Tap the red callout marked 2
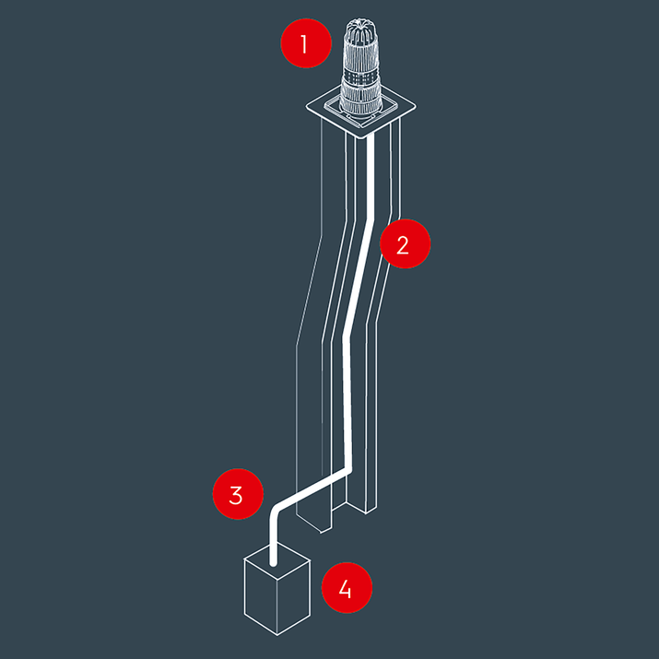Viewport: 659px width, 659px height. pos(404,245)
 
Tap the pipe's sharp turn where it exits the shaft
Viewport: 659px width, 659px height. pos(349,471)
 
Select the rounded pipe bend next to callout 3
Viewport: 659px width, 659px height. pos(277,512)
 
